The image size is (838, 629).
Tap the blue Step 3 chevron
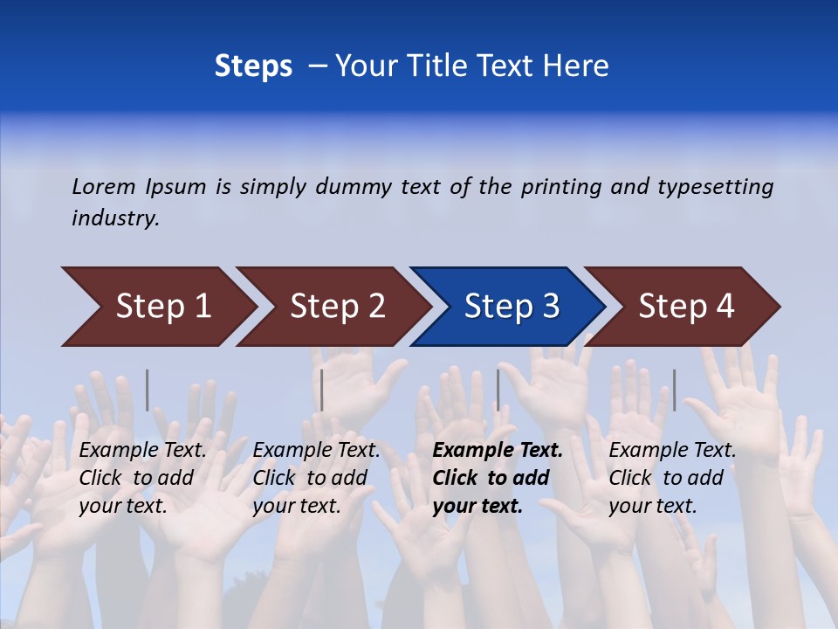tap(512, 306)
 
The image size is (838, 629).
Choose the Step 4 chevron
tap(686, 306)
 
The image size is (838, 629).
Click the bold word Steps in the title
tap(253, 66)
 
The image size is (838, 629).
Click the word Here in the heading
tap(575, 66)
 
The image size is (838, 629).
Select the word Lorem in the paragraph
tap(104, 186)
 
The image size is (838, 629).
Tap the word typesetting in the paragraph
tap(715, 186)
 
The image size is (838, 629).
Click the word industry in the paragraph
tap(115, 218)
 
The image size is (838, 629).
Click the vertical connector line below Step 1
tap(147, 390)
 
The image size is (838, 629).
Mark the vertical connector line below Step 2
tap(322, 390)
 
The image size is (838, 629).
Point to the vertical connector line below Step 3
tap(498, 390)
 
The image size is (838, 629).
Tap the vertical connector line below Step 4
tap(674, 390)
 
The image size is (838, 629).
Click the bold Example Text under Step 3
tap(498, 450)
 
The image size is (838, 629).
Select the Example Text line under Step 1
tap(142, 450)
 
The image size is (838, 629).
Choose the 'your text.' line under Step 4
tap(652, 506)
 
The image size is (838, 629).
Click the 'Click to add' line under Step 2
tap(310, 478)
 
